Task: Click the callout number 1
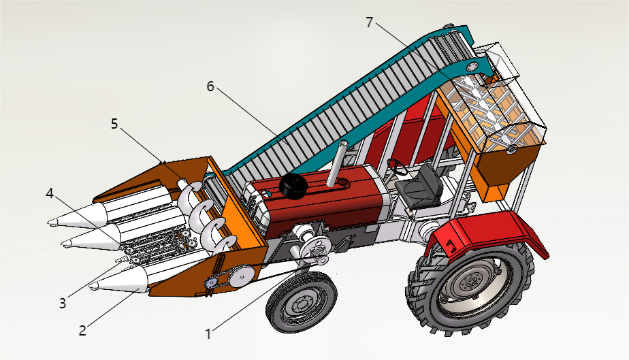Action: (209, 333)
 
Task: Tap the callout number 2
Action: (82, 331)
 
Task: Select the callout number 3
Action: (62, 303)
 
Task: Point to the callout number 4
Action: (49, 193)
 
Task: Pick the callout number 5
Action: (114, 123)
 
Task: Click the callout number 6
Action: (210, 86)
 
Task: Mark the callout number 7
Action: (369, 22)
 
